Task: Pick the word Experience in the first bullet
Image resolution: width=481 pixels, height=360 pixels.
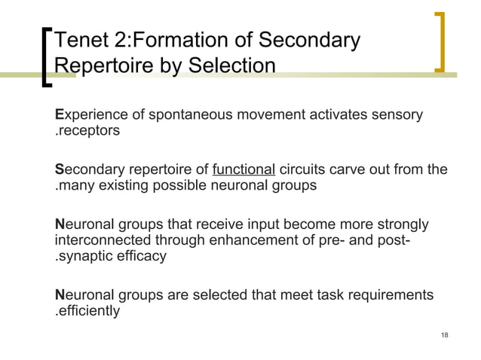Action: [x=87, y=115]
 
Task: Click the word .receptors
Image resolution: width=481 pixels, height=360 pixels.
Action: [x=87, y=132]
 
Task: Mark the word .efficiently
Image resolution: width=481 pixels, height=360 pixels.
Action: [x=87, y=310]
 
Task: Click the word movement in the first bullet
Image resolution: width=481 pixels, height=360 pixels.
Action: [x=258, y=115]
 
